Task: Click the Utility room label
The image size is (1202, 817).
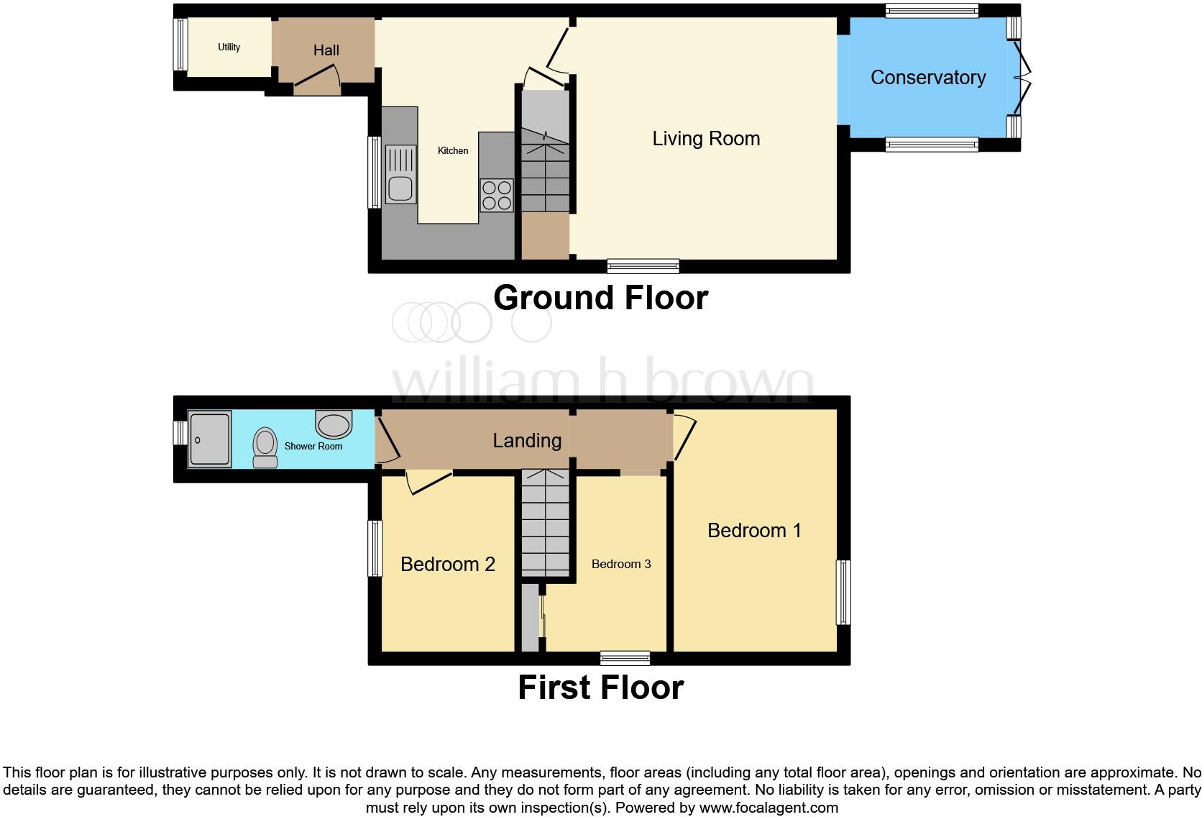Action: point(229,47)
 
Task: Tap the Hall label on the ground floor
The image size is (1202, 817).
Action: point(326,50)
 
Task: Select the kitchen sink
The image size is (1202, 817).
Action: point(400,175)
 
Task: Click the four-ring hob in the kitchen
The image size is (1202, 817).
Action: point(497,195)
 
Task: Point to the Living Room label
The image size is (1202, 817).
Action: point(705,139)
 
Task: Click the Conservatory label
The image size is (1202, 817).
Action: point(927,78)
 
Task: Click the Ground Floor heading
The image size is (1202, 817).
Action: point(600,298)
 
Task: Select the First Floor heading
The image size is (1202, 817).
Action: point(600,688)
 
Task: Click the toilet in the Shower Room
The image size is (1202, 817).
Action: point(265,447)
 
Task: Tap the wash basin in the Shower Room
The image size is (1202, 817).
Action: point(334,424)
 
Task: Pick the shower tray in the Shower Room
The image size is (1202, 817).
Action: point(209,439)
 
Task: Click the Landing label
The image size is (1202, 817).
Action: point(526,440)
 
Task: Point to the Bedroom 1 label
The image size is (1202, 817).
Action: point(753,531)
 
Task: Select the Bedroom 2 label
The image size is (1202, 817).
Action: point(447,564)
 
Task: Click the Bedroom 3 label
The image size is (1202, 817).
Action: point(621,564)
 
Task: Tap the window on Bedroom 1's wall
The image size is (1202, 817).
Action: point(843,592)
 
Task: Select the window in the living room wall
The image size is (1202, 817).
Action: point(643,266)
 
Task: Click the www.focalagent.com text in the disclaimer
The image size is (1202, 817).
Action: point(769,808)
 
